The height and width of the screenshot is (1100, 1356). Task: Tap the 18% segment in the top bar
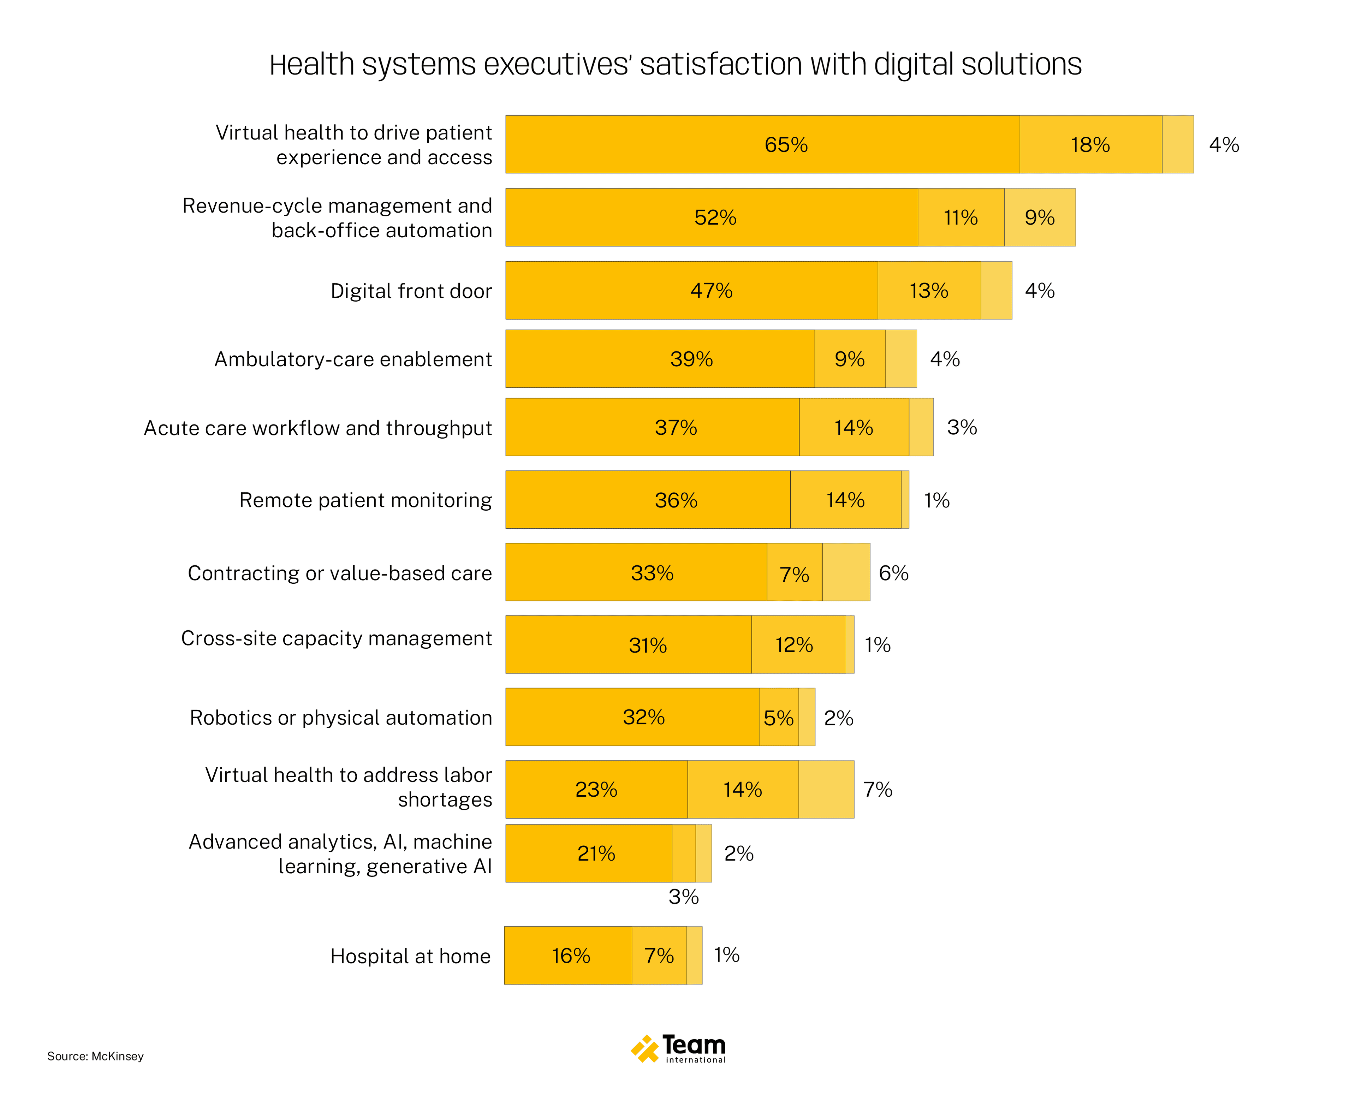coord(1090,144)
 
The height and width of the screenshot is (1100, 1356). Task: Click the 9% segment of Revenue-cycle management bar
coord(1039,217)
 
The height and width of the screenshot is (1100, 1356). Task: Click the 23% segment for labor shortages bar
coord(596,790)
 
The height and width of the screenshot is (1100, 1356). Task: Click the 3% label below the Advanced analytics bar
coord(683,897)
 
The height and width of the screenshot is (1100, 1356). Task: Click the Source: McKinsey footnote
coord(95,1056)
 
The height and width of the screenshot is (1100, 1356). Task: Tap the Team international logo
coord(678,1049)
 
